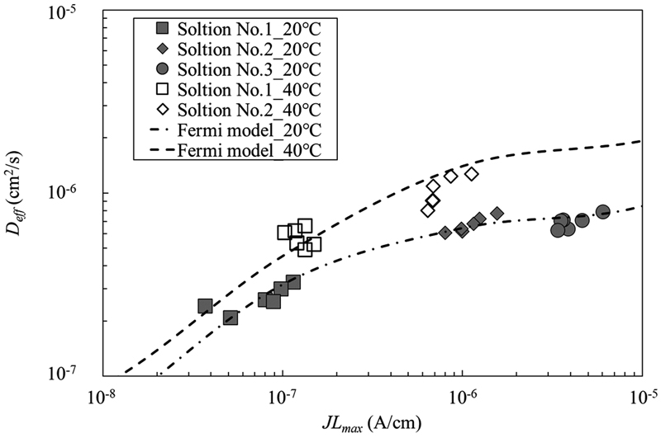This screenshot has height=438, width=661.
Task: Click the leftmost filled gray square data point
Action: (205, 306)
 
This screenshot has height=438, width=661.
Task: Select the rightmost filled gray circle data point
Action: (602, 212)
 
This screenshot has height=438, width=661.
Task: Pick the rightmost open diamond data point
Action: (472, 174)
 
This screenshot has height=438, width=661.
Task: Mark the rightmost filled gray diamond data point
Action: (497, 214)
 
